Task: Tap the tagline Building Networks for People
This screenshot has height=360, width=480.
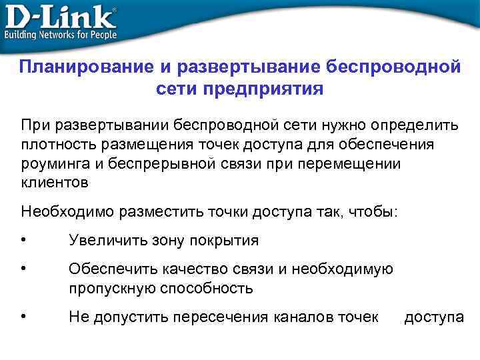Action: (61, 34)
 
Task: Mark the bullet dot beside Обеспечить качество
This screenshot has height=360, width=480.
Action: (24, 269)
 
